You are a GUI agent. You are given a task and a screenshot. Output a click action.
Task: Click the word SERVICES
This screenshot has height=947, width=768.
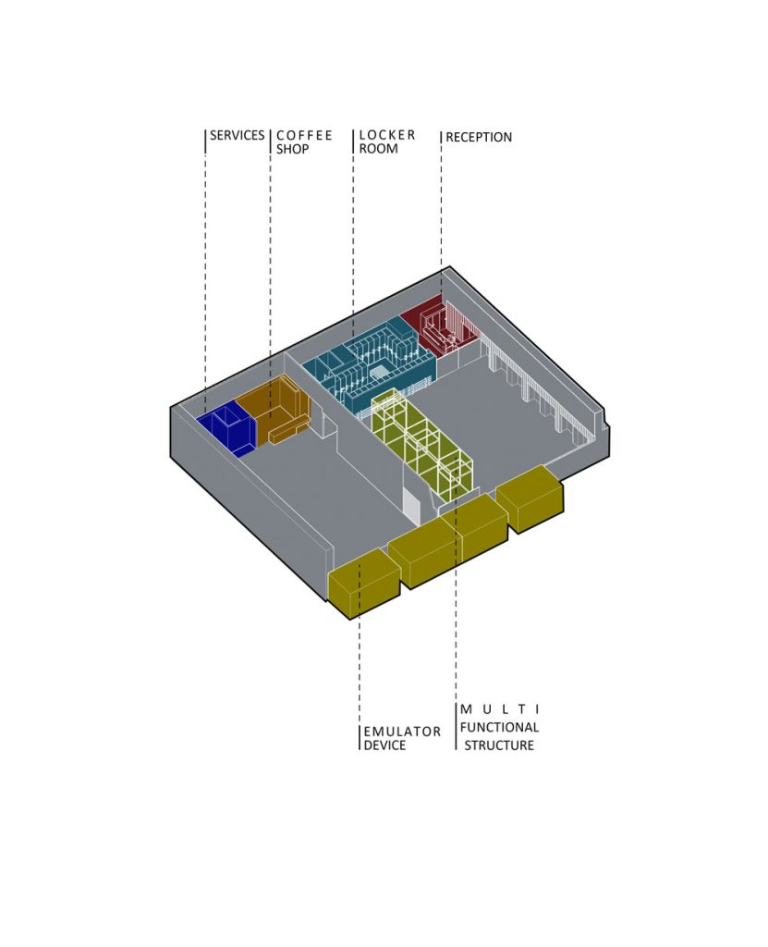point(237,135)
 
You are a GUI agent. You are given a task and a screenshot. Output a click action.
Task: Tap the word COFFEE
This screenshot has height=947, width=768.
point(304,135)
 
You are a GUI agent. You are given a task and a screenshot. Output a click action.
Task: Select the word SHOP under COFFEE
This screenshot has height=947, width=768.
point(293,149)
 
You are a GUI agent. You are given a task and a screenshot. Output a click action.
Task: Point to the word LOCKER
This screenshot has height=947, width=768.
point(387,135)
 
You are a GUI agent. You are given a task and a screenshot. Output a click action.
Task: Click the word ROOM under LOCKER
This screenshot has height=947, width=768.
point(379,149)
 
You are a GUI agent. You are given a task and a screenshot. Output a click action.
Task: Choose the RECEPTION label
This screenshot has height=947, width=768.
point(479,137)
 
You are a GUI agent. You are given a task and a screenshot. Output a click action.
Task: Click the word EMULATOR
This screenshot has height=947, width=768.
point(402,732)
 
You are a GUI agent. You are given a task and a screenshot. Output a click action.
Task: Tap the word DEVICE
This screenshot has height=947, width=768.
point(384,745)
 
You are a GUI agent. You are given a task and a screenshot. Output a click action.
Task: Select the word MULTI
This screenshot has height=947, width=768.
point(500,709)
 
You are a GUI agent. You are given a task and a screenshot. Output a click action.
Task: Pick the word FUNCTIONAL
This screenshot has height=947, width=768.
point(499,727)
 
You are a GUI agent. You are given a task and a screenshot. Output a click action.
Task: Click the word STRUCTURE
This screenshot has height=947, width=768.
point(499,745)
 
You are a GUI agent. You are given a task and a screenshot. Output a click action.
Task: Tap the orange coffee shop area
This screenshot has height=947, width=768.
point(274,408)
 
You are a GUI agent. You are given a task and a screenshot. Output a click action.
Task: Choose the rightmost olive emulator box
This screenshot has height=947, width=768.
point(530,498)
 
